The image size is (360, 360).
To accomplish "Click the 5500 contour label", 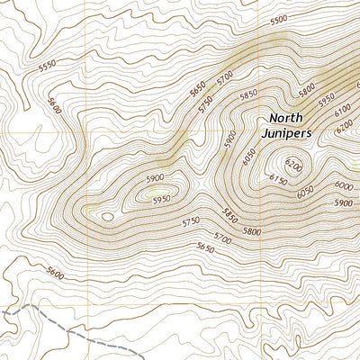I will (278, 20).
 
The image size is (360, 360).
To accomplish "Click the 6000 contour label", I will (343, 184).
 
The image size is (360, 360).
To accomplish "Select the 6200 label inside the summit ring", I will (294, 165).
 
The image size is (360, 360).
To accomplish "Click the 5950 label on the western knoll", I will (162, 199).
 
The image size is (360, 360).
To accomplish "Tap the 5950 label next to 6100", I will (325, 96).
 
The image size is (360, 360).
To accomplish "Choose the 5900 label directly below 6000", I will (343, 202).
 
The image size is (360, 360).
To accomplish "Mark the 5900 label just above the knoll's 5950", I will (156, 178).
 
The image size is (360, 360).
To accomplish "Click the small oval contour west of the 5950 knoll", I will (108, 216).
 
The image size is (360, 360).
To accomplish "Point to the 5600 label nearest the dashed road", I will (56, 273).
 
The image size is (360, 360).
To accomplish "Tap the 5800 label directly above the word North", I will (282, 92).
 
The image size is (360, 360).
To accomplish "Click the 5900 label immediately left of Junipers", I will (230, 139).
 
